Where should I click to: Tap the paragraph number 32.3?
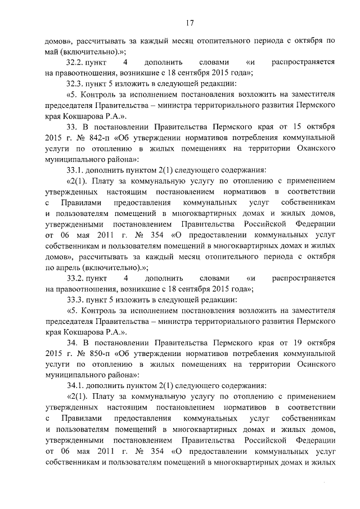pyautogui.click(x=76, y=83)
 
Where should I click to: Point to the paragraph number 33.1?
pyautogui.click(x=76, y=170)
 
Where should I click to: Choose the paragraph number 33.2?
pyautogui.click(x=76, y=278)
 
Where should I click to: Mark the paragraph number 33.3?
pyautogui.click(x=76, y=299)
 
